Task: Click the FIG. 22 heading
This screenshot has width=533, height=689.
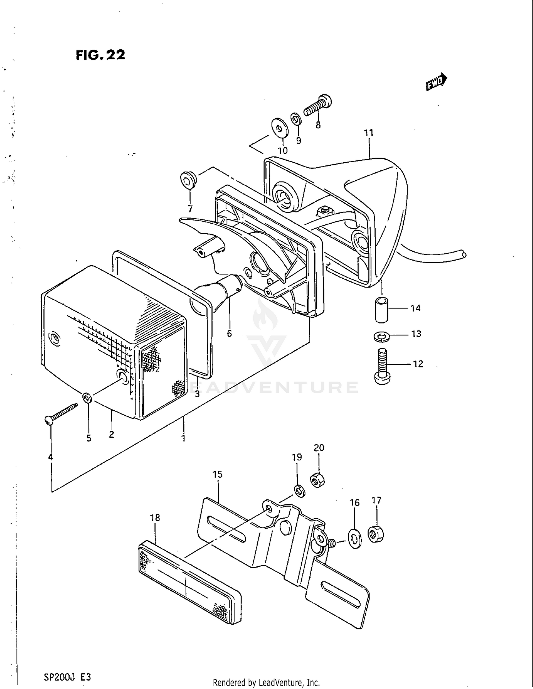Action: tap(100, 55)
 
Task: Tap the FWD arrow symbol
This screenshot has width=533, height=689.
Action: tap(436, 82)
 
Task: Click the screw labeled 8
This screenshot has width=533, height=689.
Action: tap(318, 105)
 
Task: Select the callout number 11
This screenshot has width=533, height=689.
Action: tap(368, 133)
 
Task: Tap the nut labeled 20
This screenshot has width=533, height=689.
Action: tap(318, 480)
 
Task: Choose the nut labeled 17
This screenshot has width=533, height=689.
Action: tap(376, 535)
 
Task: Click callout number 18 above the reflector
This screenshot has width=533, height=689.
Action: tap(155, 518)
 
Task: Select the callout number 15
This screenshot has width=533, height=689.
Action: tap(217, 475)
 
